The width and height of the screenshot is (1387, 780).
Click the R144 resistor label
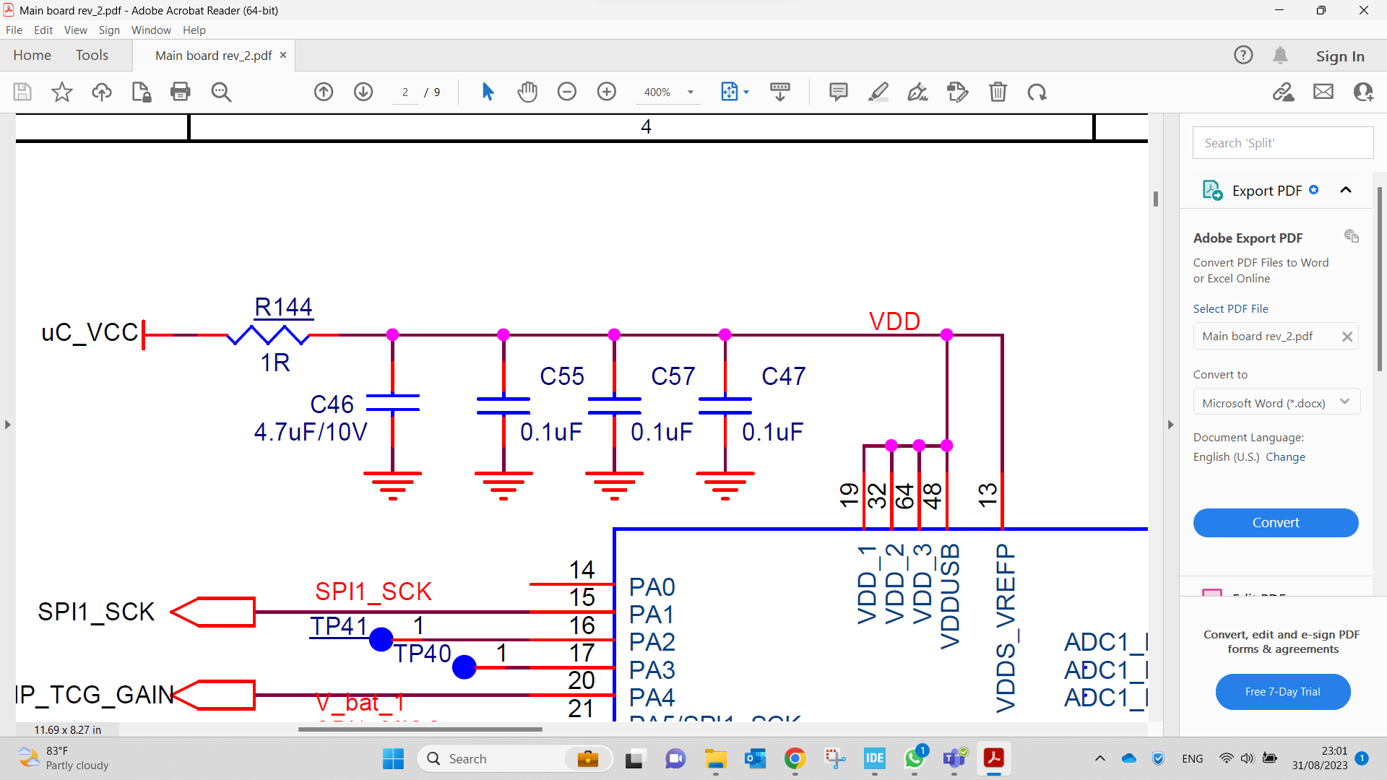(283, 308)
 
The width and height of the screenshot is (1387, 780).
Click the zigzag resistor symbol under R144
(268, 335)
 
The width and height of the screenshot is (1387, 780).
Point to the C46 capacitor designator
(332, 404)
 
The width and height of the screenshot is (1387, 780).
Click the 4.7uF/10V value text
(311, 433)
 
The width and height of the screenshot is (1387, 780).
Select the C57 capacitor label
(673, 376)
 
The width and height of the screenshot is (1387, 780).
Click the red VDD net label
(894, 321)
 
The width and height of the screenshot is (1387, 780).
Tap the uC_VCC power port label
(90, 333)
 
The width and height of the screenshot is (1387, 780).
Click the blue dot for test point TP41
(381, 639)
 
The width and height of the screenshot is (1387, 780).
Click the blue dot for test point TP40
(464, 667)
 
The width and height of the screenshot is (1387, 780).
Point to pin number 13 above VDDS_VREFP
(988, 495)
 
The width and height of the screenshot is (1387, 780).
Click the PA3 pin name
(652, 670)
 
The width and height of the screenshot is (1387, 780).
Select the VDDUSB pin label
(950, 597)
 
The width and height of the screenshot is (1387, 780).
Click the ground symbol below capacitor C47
(725, 485)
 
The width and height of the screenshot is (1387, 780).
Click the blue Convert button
(1275, 523)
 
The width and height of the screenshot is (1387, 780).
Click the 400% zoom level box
(657, 92)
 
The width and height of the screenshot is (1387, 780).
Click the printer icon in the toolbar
(180, 92)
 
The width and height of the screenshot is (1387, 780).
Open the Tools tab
(92, 56)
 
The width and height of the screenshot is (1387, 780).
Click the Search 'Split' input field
(1282, 143)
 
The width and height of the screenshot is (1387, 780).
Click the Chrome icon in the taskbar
(795, 758)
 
